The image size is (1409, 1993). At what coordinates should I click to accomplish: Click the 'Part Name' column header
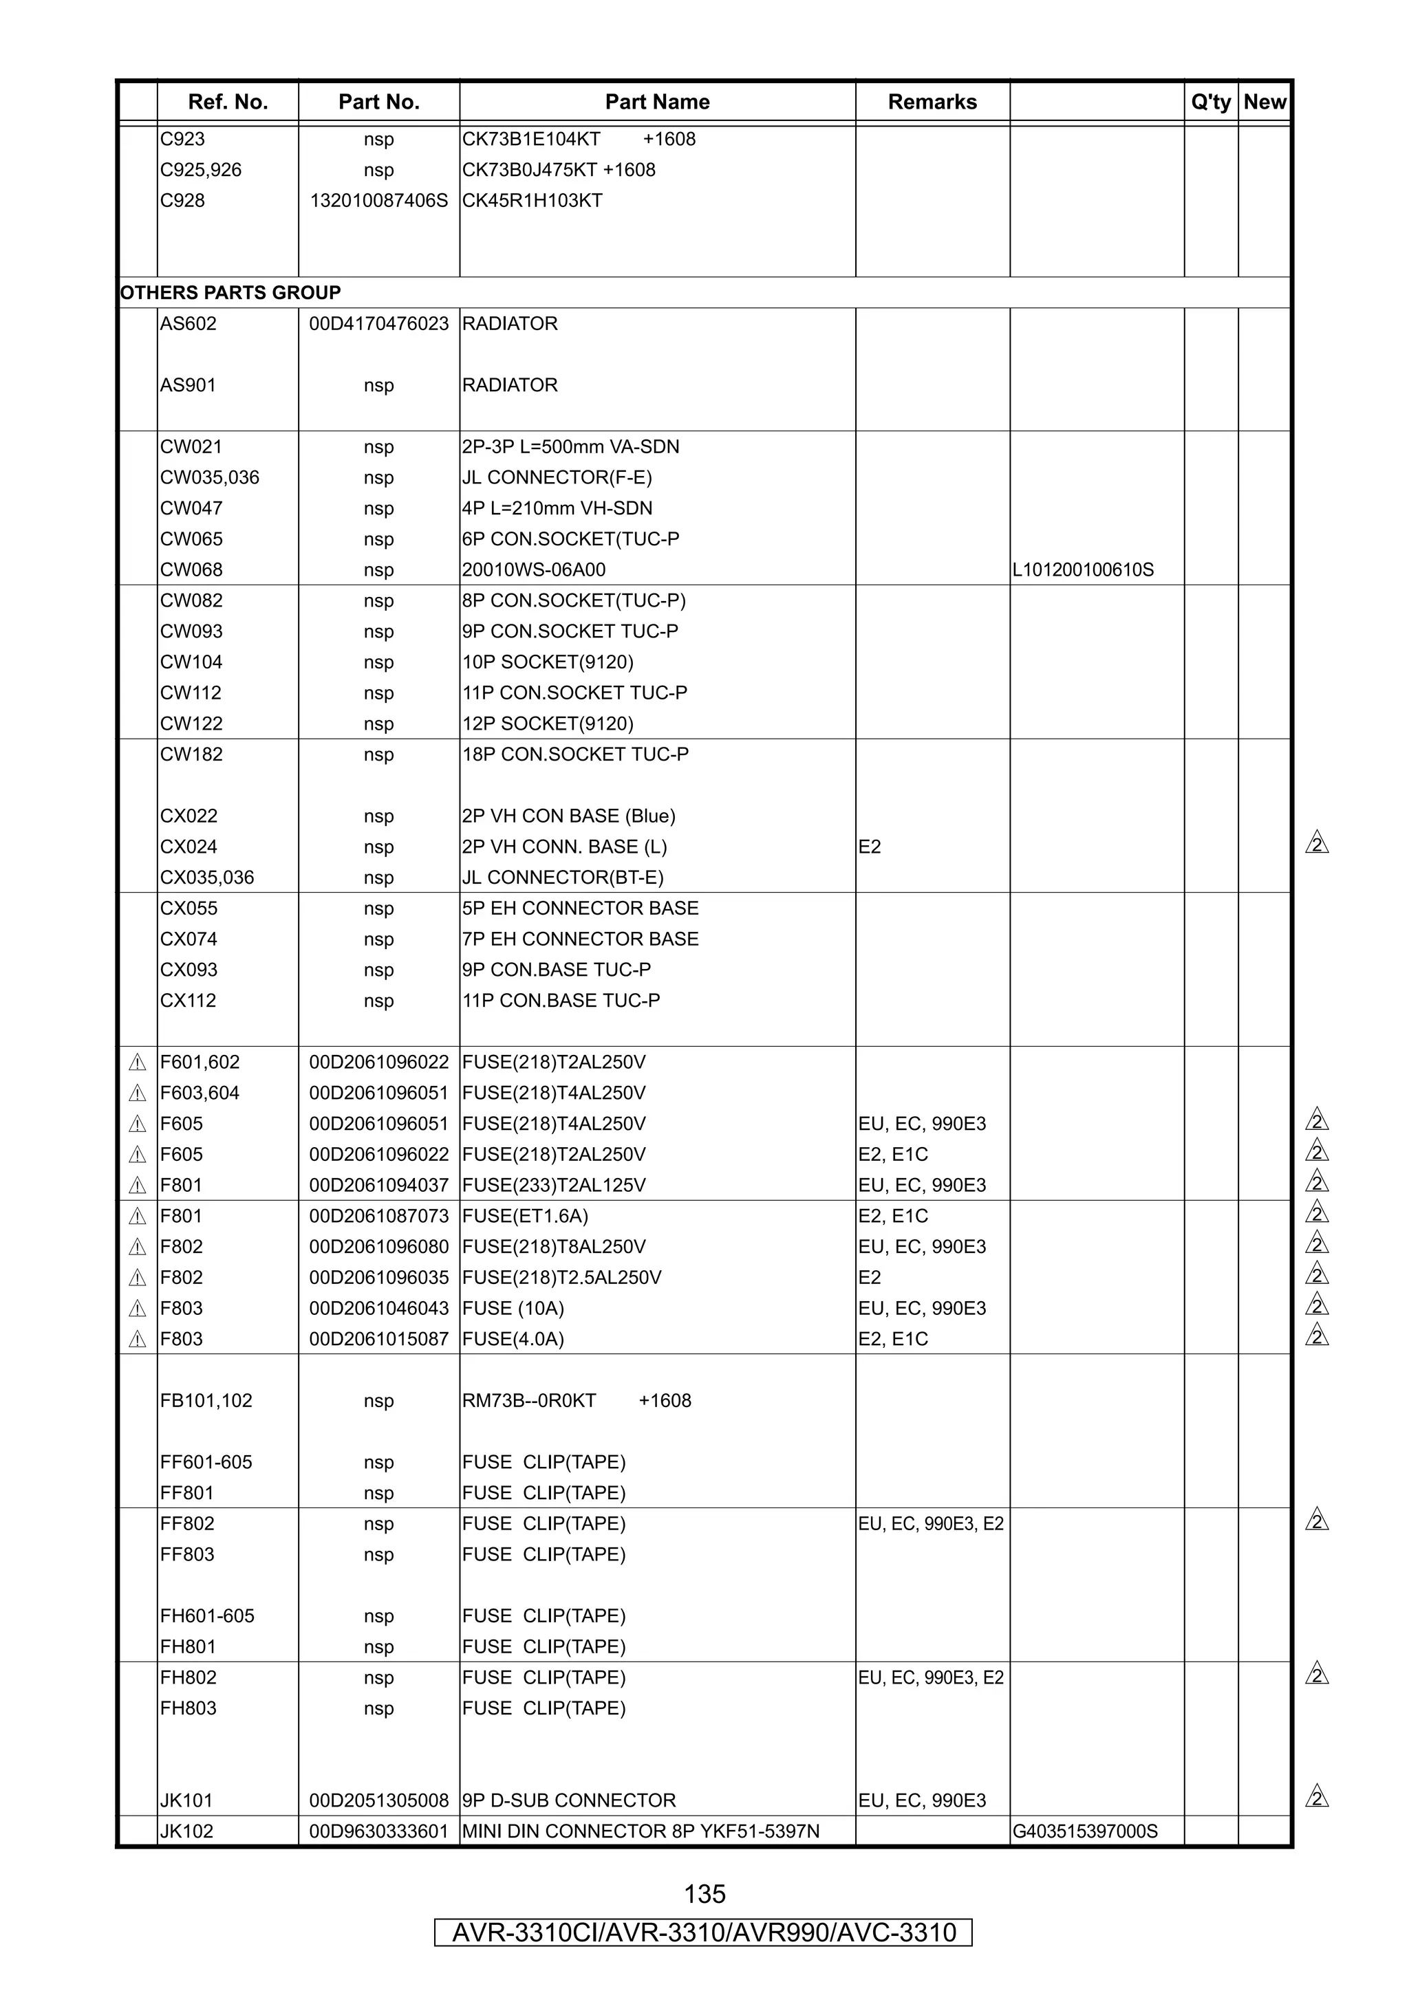pyautogui.click(x=657, y=102)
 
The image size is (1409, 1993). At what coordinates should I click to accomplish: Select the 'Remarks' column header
pyautogui.click(x=932, y=102)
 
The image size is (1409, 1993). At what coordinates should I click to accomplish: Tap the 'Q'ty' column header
pyautogui.click(x=1210, y=102)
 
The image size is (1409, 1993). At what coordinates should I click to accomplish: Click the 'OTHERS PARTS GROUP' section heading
pyautogui.click(x=230, y=292)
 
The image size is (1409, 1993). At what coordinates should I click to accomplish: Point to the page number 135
pyautogui.click(x=704, y=1894)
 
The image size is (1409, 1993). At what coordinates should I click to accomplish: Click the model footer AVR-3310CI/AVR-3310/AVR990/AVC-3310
pyautogui.click(x=703, y=1933)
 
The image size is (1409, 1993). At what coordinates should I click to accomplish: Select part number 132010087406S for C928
pyautogui.click(x=378, y=201)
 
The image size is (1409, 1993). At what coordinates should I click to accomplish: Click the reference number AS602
pyautogui.click(x=189, y=324)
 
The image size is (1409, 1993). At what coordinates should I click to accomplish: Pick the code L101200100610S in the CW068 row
pyautogui.click(x=1083, y=570)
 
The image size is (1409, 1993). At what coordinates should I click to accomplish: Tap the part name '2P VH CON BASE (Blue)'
pyautogui.click(x=569, y=816)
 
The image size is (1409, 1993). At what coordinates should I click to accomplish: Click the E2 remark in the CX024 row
pyautogui.click(x=869, y=847)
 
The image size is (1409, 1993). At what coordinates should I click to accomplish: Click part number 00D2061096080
pyautogui.click(x=378, y=1248)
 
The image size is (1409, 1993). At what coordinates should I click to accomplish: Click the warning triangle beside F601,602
pyautogui.click(x=137, y=1063)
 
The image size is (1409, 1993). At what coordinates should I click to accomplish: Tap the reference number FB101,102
pyautogui.click(x=206, y=1401)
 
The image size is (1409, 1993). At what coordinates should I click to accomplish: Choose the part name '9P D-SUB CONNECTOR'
pyautogui.click(x=569, y=1800)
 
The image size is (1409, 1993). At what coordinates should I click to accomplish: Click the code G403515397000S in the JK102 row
pyautogui.click(x=1084, y=1831)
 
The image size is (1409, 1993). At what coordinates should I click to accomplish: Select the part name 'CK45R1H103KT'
pyautogui.click(x=533, y=201)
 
